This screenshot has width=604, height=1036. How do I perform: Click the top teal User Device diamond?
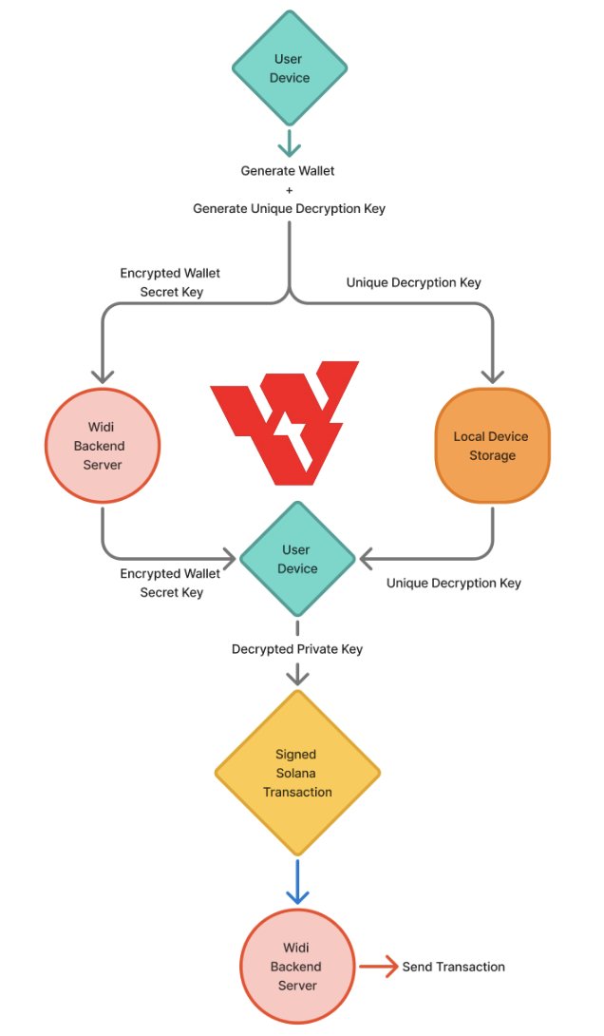coord(290,67)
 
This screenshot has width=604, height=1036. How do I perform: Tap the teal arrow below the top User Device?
coord(289,143)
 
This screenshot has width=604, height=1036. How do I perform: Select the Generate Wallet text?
coord(288,171)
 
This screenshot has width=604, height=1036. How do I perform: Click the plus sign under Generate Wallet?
coord(289,189)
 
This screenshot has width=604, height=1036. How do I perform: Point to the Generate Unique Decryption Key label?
coord(289,208)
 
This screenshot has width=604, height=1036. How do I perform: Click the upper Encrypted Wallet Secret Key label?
coord(171,282)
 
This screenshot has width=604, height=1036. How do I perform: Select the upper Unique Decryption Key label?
coord(413,282)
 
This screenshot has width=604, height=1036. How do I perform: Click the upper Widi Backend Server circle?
coord(103,446)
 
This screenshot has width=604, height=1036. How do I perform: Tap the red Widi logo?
coord(284,421)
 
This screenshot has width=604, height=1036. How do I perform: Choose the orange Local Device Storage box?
coord(492,446)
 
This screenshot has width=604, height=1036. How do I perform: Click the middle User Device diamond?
coord(297,559)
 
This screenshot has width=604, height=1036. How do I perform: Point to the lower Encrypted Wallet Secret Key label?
coord(170,583)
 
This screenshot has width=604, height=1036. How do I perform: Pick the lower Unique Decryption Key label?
coord(453,583)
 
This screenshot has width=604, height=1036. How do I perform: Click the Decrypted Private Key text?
coord(297,649)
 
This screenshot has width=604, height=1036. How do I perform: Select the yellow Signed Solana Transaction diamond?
coord(297,773)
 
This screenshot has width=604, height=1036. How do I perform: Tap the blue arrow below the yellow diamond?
coord(297,883)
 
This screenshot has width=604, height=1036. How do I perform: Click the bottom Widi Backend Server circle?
coord(297,967)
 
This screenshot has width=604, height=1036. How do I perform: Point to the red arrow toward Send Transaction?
coord(376,967)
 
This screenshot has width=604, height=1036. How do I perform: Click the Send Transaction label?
coord(453,967)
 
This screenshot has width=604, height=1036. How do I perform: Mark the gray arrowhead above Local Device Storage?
coord(492,374)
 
